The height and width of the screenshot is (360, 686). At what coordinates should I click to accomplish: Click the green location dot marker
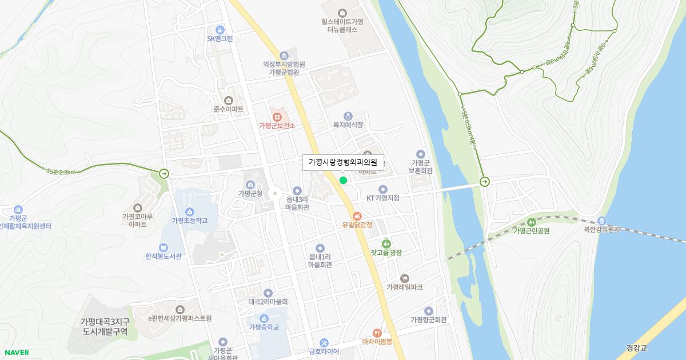[343, 181]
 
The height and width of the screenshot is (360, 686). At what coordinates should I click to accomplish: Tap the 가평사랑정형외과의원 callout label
[343, 162]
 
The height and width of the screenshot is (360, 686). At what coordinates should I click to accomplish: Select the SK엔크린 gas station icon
[220, 30]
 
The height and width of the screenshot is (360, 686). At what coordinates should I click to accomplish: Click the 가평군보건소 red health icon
[277, 116]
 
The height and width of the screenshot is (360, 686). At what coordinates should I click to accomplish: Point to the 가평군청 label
[250, 194]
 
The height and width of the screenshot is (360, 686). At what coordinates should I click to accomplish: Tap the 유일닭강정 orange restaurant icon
[357, 216]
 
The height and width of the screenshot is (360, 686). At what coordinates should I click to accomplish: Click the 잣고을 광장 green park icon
[386, 243]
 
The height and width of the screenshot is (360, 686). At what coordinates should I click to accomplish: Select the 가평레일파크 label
[404, 287]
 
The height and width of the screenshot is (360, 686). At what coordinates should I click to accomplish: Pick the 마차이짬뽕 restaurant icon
[377, 333]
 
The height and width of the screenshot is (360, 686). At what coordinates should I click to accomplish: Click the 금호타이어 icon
[324, 342]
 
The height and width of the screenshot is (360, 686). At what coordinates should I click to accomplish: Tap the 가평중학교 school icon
[264, 318]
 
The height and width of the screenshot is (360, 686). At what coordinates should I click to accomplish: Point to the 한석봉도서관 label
[163, 257]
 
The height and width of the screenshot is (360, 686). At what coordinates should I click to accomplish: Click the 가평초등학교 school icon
[189, 212]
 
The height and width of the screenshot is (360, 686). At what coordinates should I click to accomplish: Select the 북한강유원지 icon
[601, 221]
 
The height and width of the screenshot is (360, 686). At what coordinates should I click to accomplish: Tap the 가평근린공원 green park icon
[531, 222]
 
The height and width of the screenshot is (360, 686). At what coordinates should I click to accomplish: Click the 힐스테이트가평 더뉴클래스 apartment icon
[342, 13]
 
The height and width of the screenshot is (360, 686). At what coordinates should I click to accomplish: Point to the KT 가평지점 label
[382, 198]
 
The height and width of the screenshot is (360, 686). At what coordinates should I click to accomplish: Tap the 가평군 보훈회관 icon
[421, 154]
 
